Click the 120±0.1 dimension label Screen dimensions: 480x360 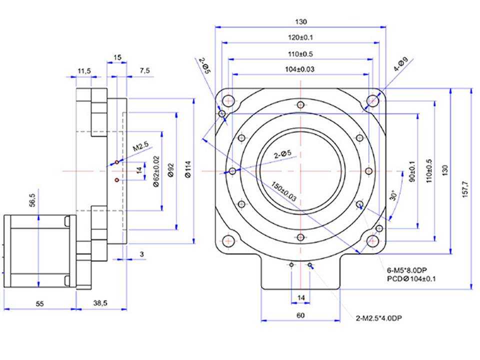coord(300,37)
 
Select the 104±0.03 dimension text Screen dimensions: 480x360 coord(299,69)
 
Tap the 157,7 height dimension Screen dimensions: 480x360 coord(465,189)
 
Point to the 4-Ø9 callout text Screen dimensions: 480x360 coord(400,64)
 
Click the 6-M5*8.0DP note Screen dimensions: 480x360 coord(407,270)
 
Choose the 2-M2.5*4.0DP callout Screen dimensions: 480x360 coord(378,318)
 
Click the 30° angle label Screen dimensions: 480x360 coord(393,195)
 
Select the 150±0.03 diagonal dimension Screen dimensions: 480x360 coord(284,191)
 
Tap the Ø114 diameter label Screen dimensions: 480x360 coord(188,169)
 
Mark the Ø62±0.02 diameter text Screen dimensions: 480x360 coord(156,171)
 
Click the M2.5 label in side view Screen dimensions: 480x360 coord(140,146)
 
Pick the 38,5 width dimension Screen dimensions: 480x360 coord(100,303)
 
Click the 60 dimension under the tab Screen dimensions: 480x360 coord(300,315)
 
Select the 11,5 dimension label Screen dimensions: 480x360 coord(84,71)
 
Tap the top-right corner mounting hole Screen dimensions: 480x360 coord(372,100)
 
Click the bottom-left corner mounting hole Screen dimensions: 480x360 coord(228,241)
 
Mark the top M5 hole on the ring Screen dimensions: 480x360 coord(300,105)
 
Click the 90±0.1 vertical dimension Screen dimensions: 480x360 coord(412,171)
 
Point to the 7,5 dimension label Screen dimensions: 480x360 coord(145,70)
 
